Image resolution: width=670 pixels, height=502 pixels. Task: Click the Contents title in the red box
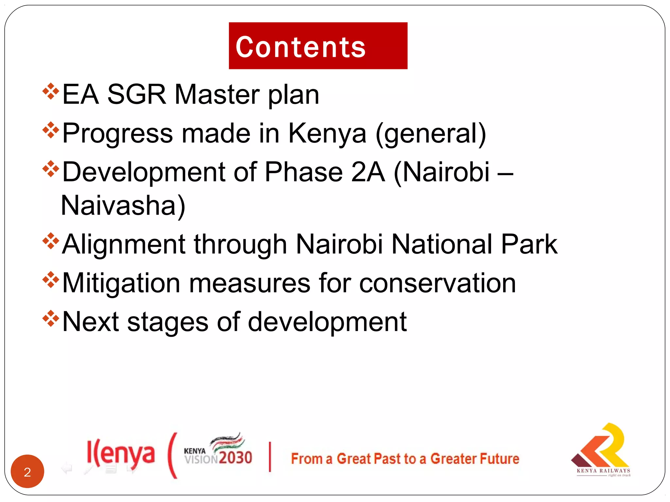click(300, 47)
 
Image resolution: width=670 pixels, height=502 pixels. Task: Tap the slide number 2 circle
click(27, 471)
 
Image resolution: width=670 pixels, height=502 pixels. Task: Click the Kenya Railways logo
click(601, 450)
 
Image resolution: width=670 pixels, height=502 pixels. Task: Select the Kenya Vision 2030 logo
click(218, 449)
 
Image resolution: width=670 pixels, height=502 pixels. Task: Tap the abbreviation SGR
click(137, 94)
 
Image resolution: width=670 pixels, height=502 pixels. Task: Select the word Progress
click(118, 134)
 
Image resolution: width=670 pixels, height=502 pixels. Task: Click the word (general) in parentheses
click(431, 134)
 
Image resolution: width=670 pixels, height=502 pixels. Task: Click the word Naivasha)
click(123, 206)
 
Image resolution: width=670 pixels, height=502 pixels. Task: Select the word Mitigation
click(121, 283)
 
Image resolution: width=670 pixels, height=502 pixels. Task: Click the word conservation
click(437, 283)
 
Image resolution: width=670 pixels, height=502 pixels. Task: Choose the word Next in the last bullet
click(91, 322)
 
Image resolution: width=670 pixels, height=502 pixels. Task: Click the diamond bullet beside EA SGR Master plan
click(51, 92)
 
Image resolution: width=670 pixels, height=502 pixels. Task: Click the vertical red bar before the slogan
click(270, 457)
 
